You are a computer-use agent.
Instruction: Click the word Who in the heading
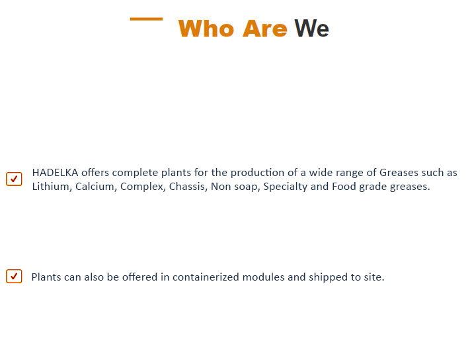click(206, 29)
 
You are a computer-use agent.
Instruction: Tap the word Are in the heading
click(265, 29)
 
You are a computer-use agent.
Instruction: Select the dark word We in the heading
click(312, 28)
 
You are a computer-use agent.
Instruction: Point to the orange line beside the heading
click(146, 19)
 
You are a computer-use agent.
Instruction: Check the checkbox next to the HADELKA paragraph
click(14, 179)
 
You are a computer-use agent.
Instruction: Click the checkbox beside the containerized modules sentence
click(14, 276)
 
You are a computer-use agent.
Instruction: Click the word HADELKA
click(55, 173)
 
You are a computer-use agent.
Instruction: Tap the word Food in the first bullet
click(344, 187)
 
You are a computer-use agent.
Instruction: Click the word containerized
click(206, 277)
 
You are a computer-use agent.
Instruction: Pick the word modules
click(263, 277)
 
